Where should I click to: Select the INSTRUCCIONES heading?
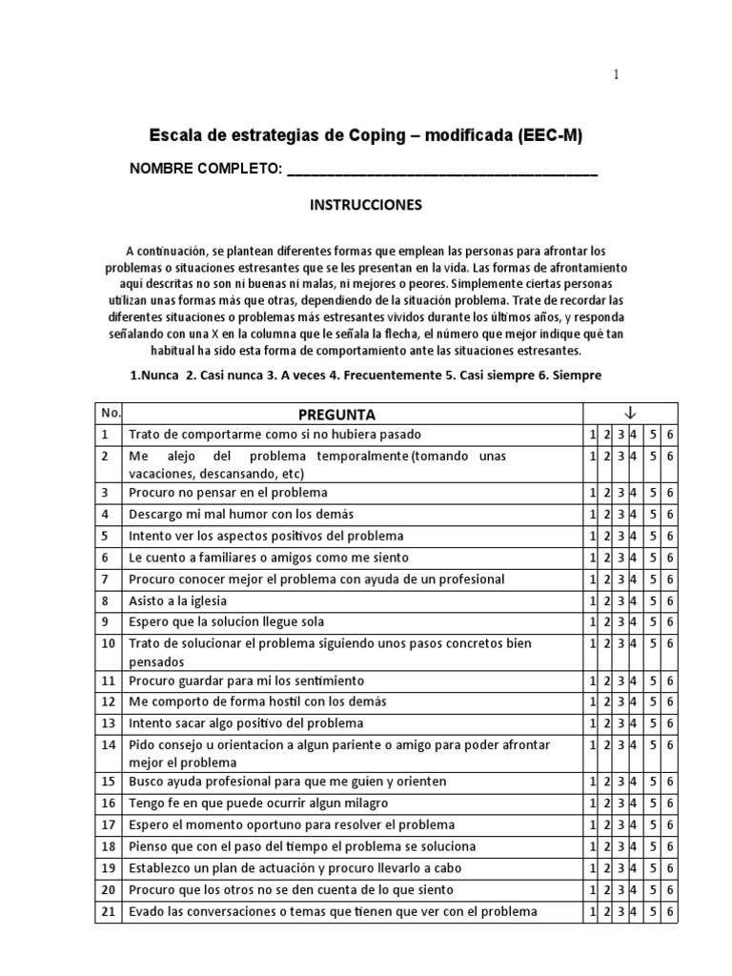click(x=365, y=205)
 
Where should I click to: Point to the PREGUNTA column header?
click(x=336, y=415)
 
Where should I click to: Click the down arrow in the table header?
click(x=629, y=412)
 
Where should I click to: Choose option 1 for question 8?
click(x=592, y=600)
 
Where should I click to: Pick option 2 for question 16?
click(x=606, y=803)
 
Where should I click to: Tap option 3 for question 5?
click(x=620, y=537)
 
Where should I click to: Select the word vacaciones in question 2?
click(x=163, y=474)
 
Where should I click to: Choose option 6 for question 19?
click(x=671, y=868)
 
